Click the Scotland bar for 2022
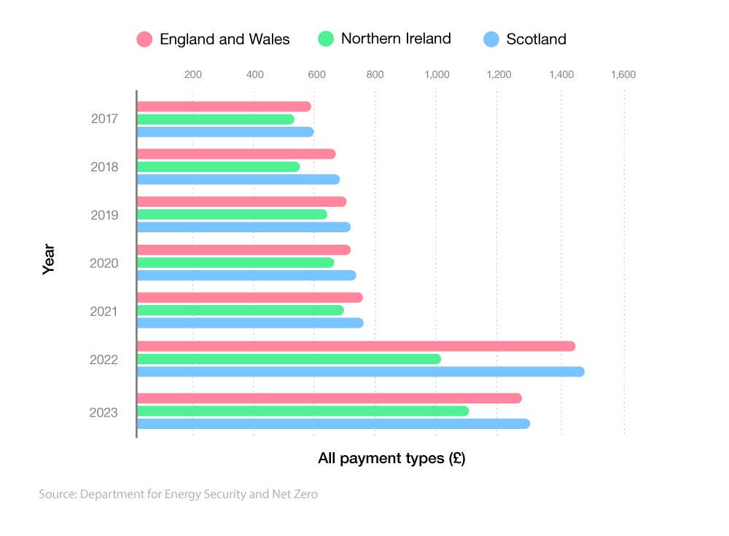(x=361, y=371)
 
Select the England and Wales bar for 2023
(x=330, y=398)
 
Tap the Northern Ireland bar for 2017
(x=216, y=119)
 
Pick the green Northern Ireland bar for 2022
(x=289, y=359)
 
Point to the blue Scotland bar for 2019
(x=244, y=227)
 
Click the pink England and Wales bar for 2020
(x=244, y=250)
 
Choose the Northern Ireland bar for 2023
(x=303, y=411)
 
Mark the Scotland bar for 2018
(x=238, y=179)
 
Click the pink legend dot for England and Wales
(x=144, y=39)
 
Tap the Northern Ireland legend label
(x=396, y=39)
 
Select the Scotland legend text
(x=536, y=39)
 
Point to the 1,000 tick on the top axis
(x=436, y=74)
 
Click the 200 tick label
(x=192, y=74)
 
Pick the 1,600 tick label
(x=623, y=74)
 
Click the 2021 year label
(x=104, y=311)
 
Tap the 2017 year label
(x=104, y=119)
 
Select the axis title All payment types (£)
(x=391, y=459)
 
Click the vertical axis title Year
(x=49, y=262)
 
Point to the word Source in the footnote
(x=57, y=494)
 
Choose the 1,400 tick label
(x=561, y=74)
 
